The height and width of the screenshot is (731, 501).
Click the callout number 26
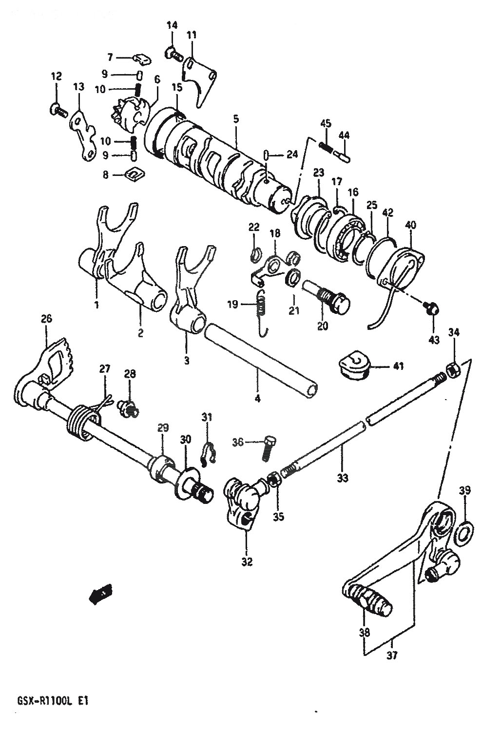46,319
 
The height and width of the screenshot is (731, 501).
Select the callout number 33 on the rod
343,478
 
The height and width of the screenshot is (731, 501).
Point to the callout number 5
235,118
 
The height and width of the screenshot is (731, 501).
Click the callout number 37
392,656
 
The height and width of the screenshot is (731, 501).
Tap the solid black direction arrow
100,593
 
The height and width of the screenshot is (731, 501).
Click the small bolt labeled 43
432,308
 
